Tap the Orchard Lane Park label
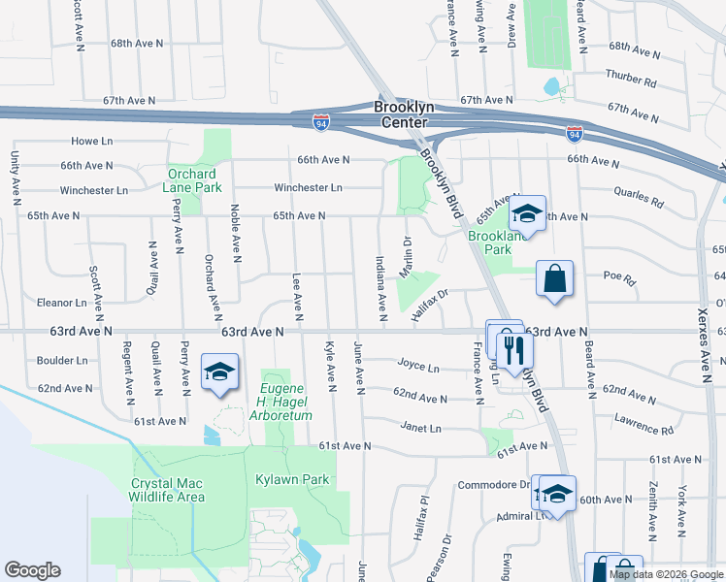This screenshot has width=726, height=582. [x=194, y=180]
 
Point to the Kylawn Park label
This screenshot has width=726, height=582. [x=293, y=479]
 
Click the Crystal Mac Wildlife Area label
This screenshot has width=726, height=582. [x=168, y=490]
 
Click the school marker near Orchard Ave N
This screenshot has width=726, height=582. [x=219, y=372]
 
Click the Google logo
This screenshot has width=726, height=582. [x=32, y=570]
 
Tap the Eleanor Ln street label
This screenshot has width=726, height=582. [x=62, y=303]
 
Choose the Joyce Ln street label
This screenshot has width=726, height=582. [x=418, y=368]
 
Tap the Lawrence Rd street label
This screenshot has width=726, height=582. [x=643, y=424]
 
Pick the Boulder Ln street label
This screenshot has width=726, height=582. [x=63, y=360]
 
